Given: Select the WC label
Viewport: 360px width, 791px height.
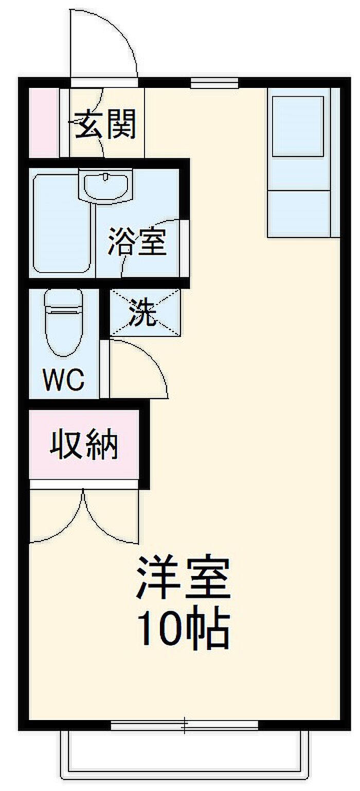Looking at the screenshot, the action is tap(63, 380).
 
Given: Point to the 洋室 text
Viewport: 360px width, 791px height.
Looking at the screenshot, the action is tap(183, 578).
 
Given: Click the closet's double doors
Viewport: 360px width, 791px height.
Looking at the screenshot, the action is tap(84, 514).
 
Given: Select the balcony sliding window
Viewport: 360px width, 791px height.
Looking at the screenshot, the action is tap(185, 724).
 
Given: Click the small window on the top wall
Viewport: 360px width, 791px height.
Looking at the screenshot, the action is tap(214, 82).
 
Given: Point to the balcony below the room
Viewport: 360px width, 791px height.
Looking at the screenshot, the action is tap(185, 756).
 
